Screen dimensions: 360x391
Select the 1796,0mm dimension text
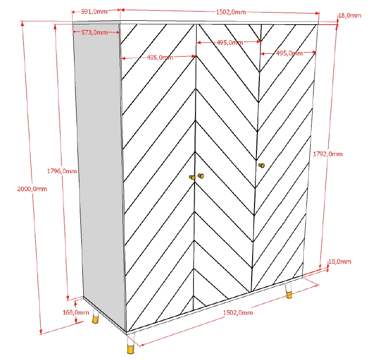point(62,171)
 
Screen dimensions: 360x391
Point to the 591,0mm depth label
point(94,12)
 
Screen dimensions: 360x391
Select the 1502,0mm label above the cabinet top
point(231,12)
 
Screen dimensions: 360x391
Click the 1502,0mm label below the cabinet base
point(238,313)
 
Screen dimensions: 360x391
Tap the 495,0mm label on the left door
point(160,58)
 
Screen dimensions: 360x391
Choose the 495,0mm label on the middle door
point(229,43)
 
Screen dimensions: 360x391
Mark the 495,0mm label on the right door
point(289,54)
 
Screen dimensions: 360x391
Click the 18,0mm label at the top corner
point(349,16)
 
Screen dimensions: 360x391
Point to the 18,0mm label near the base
point(339,262)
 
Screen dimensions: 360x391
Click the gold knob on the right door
point(262,165)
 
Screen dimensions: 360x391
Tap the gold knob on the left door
point(192,178)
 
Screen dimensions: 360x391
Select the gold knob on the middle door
point(201,176)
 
